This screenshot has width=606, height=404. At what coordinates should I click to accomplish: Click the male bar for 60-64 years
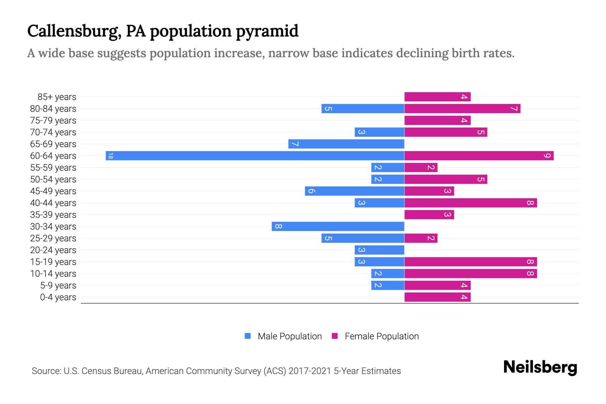pyautogui.click(x=255, y=156)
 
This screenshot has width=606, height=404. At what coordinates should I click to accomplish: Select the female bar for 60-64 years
pyautogui.click(x=479, y=156)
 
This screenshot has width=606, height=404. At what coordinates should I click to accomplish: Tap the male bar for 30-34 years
pyautogui.click(x=338, y=226)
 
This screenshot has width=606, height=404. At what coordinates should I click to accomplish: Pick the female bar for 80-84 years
pyautogui.click(x=462, y=108)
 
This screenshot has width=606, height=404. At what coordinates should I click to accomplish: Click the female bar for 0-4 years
pyautogui.click(x=437, y=297)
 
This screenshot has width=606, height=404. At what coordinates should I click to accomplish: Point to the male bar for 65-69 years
pyautogui.click(x=346, y=144)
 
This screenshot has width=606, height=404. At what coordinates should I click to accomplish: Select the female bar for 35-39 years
pyautogui.click(x=429, y=214)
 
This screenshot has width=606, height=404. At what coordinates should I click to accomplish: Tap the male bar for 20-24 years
pyautogui.click(x=379, y=250)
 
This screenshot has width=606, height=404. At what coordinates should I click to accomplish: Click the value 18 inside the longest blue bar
pyautogui.click(x=110, y=156)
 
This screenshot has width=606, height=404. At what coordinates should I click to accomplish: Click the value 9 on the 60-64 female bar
pyautogui.click(x=547, y=156)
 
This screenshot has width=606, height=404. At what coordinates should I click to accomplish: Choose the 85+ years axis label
pyautogui.click(x=57, y=97)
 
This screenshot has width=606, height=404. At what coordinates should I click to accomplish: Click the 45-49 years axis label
pyautogui.click(x=53, y=191)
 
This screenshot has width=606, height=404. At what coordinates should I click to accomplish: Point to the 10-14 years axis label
pyautogui.click(x=53, y=274)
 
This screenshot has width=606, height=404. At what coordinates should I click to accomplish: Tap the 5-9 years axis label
pyautogui.click(x=58, y=285)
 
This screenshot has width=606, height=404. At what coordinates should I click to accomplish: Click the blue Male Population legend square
pyautogui.click(x=248, y=336)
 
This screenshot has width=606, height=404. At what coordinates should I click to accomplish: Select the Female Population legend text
pyautogui.click(x=381, y=336)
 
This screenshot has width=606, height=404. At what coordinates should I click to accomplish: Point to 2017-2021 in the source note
pyautogui.click(x=309, y=371)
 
